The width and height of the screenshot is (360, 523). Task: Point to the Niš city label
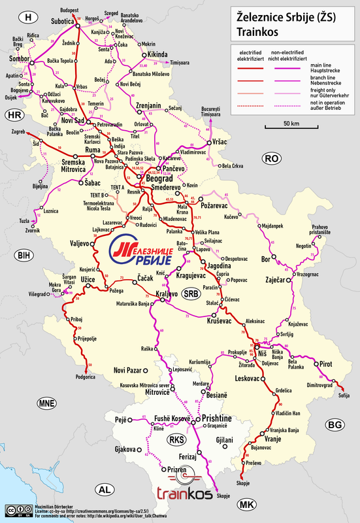pos(263,354)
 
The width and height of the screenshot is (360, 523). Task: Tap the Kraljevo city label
pos(168,294)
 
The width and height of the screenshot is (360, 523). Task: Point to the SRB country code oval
pos(191,294)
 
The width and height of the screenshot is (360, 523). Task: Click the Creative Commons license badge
pos(15,509)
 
